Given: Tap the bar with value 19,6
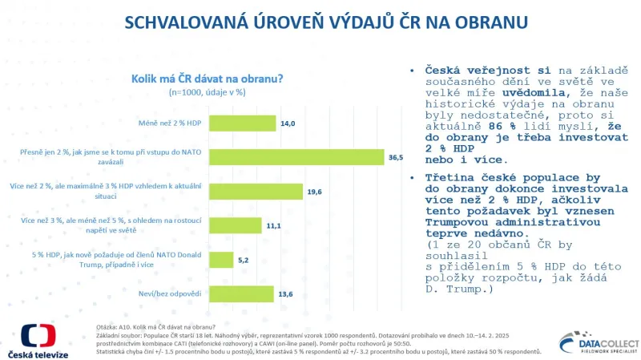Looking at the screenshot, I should (x=257, y=191).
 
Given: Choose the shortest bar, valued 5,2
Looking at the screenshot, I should (x=223, y=260).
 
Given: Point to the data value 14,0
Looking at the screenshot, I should (x=288, y=123).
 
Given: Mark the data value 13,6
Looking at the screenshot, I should (x=284, y=294).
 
